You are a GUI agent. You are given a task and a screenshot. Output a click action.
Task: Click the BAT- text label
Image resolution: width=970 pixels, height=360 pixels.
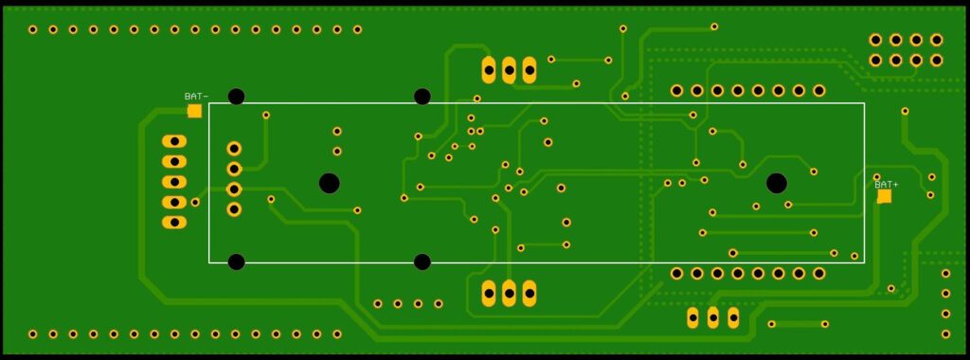point(196,97)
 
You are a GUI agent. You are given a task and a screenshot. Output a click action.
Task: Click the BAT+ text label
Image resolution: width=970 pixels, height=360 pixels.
point(887,185)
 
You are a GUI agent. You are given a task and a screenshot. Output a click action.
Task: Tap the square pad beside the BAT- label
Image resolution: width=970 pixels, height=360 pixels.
point(194,111)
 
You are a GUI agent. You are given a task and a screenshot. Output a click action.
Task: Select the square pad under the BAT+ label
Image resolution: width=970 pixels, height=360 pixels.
point(885,196)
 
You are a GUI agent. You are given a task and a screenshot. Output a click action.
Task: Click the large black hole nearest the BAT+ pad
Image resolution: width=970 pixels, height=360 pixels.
point(777,183)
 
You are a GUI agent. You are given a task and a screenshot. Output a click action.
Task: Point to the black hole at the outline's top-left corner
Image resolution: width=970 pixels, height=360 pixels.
point(236,97)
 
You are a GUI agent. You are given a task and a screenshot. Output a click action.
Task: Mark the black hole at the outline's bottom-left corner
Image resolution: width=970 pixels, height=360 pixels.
point(236,261)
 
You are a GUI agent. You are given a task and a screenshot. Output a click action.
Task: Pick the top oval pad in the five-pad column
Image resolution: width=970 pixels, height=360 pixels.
point(174,141)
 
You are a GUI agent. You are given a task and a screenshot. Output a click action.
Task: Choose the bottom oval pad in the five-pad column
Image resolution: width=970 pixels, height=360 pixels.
point(174,222)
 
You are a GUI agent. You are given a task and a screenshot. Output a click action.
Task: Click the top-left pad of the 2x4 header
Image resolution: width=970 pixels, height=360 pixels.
point(875,40)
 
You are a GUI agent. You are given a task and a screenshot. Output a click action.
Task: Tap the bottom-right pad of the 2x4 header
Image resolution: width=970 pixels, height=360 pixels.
point(937,60)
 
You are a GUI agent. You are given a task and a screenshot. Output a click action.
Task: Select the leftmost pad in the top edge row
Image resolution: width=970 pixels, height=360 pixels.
point(33,29)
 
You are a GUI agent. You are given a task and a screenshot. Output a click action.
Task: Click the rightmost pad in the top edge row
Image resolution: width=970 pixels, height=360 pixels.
point(357,29)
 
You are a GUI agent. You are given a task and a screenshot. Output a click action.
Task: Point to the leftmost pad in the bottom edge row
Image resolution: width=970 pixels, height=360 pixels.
point(33,334)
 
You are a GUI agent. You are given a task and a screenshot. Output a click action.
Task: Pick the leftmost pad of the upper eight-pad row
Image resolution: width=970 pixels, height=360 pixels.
point(676,91)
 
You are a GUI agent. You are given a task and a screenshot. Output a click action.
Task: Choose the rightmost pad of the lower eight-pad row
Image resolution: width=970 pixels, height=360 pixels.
point(819,274)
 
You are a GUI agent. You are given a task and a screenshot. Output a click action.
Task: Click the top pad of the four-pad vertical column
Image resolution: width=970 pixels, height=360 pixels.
point(234,149)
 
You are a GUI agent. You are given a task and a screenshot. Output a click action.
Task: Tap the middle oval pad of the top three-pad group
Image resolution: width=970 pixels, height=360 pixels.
point(509,70)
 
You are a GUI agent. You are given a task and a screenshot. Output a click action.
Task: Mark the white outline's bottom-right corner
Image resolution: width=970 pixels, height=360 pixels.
point(864,262)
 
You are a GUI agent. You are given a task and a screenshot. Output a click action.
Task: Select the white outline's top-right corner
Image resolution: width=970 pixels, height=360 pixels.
point(864,102)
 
